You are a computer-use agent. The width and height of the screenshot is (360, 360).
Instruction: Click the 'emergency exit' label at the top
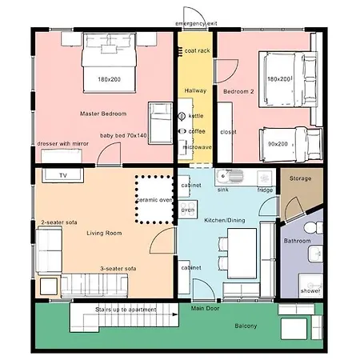coord(196,25)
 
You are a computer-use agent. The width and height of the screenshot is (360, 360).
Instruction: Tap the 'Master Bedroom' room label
coord(103,114)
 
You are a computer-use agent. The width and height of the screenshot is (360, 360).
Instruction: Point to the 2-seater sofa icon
coord(49,248)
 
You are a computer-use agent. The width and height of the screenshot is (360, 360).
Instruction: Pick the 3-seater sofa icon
coord(94,283)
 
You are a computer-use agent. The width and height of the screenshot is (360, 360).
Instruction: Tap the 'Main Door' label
coord(206,307)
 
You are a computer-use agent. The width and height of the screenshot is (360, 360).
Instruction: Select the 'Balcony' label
coord(246,326)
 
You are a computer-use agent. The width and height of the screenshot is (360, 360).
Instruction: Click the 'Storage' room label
coord(300,178)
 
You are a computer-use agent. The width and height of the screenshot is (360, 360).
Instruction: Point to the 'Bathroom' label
coord(298,240)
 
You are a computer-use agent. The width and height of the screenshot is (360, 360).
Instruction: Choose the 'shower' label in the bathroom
coord(309,291)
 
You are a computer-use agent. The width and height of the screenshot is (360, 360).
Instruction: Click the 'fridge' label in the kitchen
coord(265,190)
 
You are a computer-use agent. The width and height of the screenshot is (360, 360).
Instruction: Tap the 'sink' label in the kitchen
coord(223,190)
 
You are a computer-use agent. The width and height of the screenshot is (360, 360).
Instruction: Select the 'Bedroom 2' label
coord(238,92)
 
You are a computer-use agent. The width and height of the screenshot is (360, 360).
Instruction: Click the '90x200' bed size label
coord(278,145)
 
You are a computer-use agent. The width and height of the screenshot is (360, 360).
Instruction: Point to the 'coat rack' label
coord(197,50)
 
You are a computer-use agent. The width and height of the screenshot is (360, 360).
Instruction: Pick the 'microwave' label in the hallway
coord(197,147)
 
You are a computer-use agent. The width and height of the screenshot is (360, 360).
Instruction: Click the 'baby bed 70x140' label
coord(123,136)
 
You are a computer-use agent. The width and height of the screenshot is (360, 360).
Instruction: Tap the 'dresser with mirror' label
coord(63,144)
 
